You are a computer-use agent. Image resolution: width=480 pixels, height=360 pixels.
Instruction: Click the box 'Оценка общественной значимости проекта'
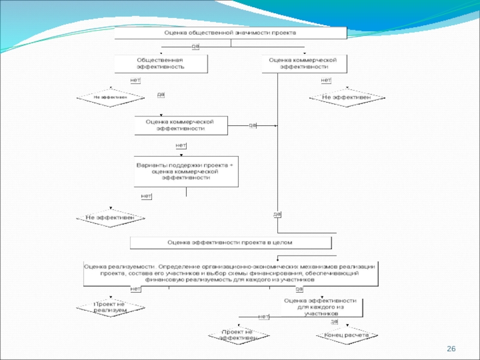click(x=230, y=33)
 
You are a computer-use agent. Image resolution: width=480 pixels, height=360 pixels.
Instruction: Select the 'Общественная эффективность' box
click(x=161, y=64)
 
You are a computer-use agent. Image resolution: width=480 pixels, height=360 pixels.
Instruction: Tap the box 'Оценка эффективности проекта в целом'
click(x=231, y=242)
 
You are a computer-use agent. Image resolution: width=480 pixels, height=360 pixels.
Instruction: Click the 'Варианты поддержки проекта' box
click(x=185, y=172)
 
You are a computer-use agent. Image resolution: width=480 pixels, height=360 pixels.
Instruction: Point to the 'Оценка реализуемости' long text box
click(x=230, y=273)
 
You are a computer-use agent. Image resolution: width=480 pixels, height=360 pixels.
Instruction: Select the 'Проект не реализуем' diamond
click(x=110, y=307)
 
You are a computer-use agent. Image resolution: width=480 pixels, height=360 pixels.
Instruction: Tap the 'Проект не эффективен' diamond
click(x=238, y=335)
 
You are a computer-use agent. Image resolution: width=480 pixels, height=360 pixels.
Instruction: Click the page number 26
click(x=452, y=349)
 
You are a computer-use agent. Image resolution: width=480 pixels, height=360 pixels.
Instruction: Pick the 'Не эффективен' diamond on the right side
click(x=346, y=97)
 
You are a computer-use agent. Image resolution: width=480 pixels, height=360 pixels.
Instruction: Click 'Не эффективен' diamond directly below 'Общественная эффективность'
click(x=110, y=97)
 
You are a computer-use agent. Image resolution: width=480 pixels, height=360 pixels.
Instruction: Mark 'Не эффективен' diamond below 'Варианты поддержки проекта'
click(x=110, y=218)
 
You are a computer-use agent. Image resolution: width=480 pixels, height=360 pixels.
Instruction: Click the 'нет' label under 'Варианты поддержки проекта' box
click(x=146, y=196)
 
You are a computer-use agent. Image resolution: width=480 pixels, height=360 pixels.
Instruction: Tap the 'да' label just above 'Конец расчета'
click(x=334, y=322)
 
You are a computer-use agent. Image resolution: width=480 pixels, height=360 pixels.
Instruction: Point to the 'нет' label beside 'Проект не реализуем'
click(x=136, y=289)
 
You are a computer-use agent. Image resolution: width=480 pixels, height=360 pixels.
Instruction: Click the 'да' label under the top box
click(x=195, y=46)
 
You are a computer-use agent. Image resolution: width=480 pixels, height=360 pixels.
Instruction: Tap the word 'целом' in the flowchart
click(x=282, y=242)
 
